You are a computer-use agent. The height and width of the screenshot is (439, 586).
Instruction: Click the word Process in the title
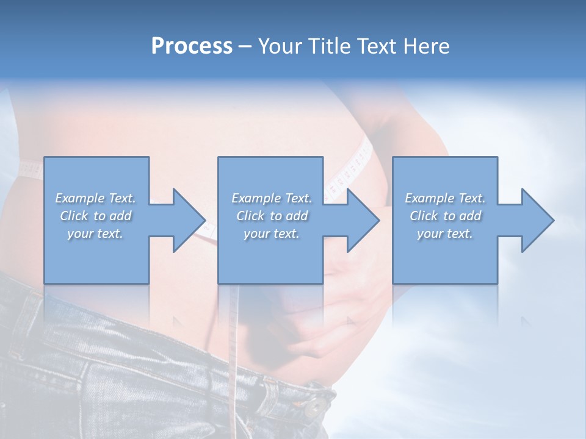click(x=192, y=46)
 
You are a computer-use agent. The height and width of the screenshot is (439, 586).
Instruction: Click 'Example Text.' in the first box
click(x=96, y=198)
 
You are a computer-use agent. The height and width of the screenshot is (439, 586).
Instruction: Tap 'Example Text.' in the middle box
click(x=272, y=198)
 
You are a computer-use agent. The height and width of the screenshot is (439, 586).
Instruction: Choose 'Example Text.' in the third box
click(x=445, y=198)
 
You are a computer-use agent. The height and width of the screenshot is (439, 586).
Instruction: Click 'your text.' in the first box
click(x=96, y=234)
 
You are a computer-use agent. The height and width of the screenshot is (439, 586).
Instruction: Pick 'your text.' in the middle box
click(x=272, y=234)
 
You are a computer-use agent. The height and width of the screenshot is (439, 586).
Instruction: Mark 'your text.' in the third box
click(x=445, y=234)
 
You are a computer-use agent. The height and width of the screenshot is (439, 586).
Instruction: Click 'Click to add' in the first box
click(x=96, y=216)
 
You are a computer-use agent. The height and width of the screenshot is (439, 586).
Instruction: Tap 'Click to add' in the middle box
click(x=272, y=216)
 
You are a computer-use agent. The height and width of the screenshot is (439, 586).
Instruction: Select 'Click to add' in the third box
click(x=445, y=216)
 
